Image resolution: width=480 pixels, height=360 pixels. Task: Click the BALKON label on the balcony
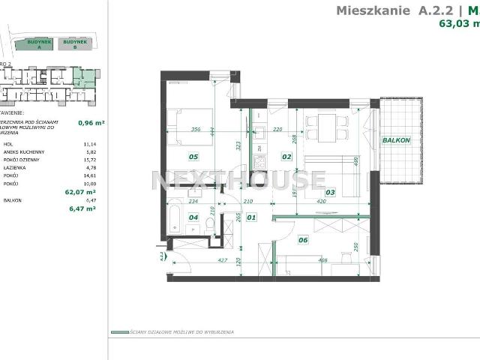pyautogui.click(x=395, y=140)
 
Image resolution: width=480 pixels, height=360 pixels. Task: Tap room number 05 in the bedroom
pyautogui.click(x=193, y=157)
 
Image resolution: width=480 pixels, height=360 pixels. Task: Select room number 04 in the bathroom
pyautogui.click(x=193, y=218)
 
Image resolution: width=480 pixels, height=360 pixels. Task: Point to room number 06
pyautogui.click(x=303, y=240)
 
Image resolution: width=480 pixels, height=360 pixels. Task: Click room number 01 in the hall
pyautogui.click(x=251, y=218)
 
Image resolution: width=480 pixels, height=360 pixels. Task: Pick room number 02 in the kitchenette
pyautogui.click(x=286, y=157)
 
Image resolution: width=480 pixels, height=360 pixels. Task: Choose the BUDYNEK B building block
pyautogui.click(x=74, y=44)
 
